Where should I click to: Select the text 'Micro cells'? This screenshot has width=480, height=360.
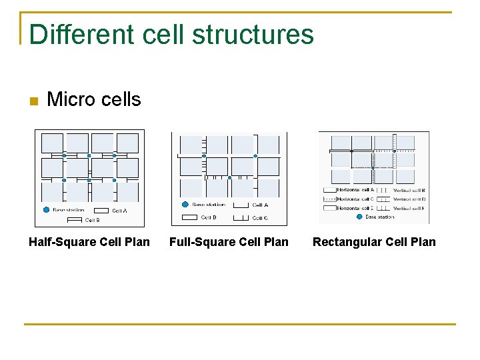[94, 99]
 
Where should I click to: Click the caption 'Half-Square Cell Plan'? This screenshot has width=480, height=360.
[89, 241]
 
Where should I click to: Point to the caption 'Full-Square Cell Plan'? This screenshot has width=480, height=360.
[229, 241]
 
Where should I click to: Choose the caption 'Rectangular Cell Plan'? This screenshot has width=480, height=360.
[374, 241]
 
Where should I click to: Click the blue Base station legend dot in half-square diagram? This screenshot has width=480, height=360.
[46, 209]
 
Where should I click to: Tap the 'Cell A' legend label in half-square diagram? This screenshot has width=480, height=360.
[119, 211]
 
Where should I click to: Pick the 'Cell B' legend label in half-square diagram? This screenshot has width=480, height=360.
[92, 220]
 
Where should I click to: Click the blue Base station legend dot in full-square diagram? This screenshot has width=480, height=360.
[185, 205]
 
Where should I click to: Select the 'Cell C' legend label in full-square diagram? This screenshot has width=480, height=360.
[260, 218]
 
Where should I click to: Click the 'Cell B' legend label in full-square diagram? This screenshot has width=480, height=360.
[209, 217]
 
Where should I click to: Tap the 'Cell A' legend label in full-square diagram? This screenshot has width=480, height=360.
[260, 205]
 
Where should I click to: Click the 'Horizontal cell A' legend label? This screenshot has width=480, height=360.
[355, 190]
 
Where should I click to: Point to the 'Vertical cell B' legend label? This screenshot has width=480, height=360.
[409, 190]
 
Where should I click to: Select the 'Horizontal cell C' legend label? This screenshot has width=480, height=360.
[355, 199]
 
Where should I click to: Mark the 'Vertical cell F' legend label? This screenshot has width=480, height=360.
[409, 208]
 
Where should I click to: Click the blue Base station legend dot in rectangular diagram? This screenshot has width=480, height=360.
[359, 217]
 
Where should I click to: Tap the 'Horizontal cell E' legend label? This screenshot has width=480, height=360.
[355, 208]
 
